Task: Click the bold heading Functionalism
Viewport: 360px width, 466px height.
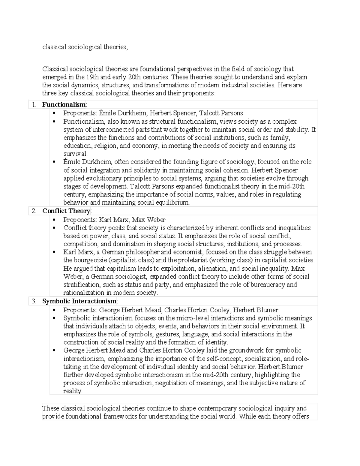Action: point(64,105)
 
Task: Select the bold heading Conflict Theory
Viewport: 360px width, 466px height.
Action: point(66,211)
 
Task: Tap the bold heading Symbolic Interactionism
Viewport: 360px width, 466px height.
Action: point(79,301)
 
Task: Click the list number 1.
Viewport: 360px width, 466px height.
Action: point(34,105)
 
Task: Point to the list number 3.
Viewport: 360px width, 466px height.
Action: point(34,301)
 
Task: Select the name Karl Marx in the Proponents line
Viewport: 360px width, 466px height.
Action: point(114,220)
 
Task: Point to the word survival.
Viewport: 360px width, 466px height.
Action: point(75,154)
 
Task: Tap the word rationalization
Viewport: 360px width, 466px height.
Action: point(84,293)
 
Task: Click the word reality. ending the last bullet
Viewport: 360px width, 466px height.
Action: point(73,391)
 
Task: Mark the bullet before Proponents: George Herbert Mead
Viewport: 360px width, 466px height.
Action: point(54,310)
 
